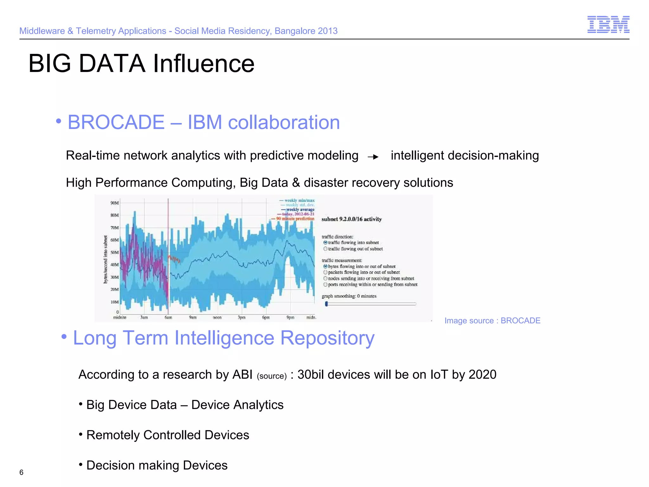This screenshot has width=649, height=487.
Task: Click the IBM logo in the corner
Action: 608,24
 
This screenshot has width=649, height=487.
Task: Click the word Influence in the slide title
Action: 203,63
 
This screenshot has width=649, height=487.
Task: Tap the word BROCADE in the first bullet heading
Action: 116,122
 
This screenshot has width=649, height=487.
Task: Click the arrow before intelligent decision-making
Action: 373,157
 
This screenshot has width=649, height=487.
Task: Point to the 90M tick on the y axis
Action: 114,203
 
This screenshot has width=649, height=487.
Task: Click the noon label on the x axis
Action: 217,317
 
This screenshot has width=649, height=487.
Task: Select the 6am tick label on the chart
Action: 168,317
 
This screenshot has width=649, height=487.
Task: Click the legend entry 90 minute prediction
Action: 295,219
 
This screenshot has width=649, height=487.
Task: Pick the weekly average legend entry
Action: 300,210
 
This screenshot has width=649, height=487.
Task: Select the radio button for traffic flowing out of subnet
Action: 325,249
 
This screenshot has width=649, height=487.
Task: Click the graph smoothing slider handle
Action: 326,304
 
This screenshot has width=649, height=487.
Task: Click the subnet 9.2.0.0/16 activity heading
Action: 351,219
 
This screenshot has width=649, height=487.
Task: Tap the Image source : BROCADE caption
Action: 492,321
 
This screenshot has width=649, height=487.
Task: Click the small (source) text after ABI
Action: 272,376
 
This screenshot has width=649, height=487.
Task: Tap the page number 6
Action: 21,472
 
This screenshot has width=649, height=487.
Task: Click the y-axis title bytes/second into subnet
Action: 106,259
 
